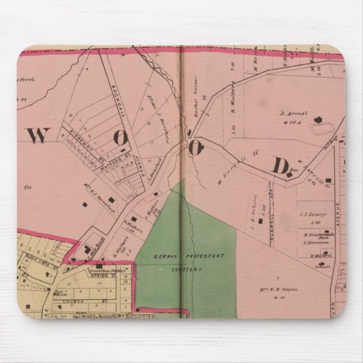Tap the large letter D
point(280,166)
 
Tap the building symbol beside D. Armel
point(320,119)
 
